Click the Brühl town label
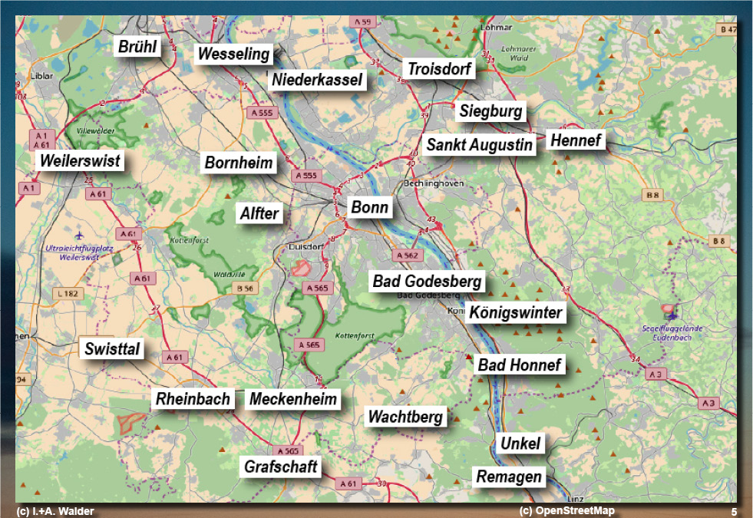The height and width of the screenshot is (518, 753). [x=137, y=47]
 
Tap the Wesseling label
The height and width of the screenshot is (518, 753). [x=234, y=54]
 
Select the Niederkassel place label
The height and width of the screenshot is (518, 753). [x=317, y=80]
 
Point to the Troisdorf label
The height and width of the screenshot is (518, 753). [x=441, y=69]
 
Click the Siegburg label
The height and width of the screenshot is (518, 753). [x=491, y=111]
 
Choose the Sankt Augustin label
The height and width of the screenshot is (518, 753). [x=480, y=144]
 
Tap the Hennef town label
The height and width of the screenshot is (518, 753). [x=576, y=140]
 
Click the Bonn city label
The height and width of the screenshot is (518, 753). [x=370, y=207]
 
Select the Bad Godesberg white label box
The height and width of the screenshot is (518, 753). [x=427, y=282]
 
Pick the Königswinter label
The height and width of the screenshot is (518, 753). [x=516, y=312]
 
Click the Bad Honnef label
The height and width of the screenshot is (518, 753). [x=520, y=365]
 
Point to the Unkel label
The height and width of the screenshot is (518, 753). [x=520, y=443]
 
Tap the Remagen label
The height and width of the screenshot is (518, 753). [x=509, y=477]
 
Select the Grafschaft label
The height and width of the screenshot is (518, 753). [x=281, y=467]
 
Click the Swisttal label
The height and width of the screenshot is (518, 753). [x=113, y=349]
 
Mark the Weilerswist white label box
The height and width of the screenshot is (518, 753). [x=80, y=161]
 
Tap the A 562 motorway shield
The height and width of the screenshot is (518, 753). [x=407, y=256]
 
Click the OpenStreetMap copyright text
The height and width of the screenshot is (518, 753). [x=567, y=511]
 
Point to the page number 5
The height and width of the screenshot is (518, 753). [x=734, y=512]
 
